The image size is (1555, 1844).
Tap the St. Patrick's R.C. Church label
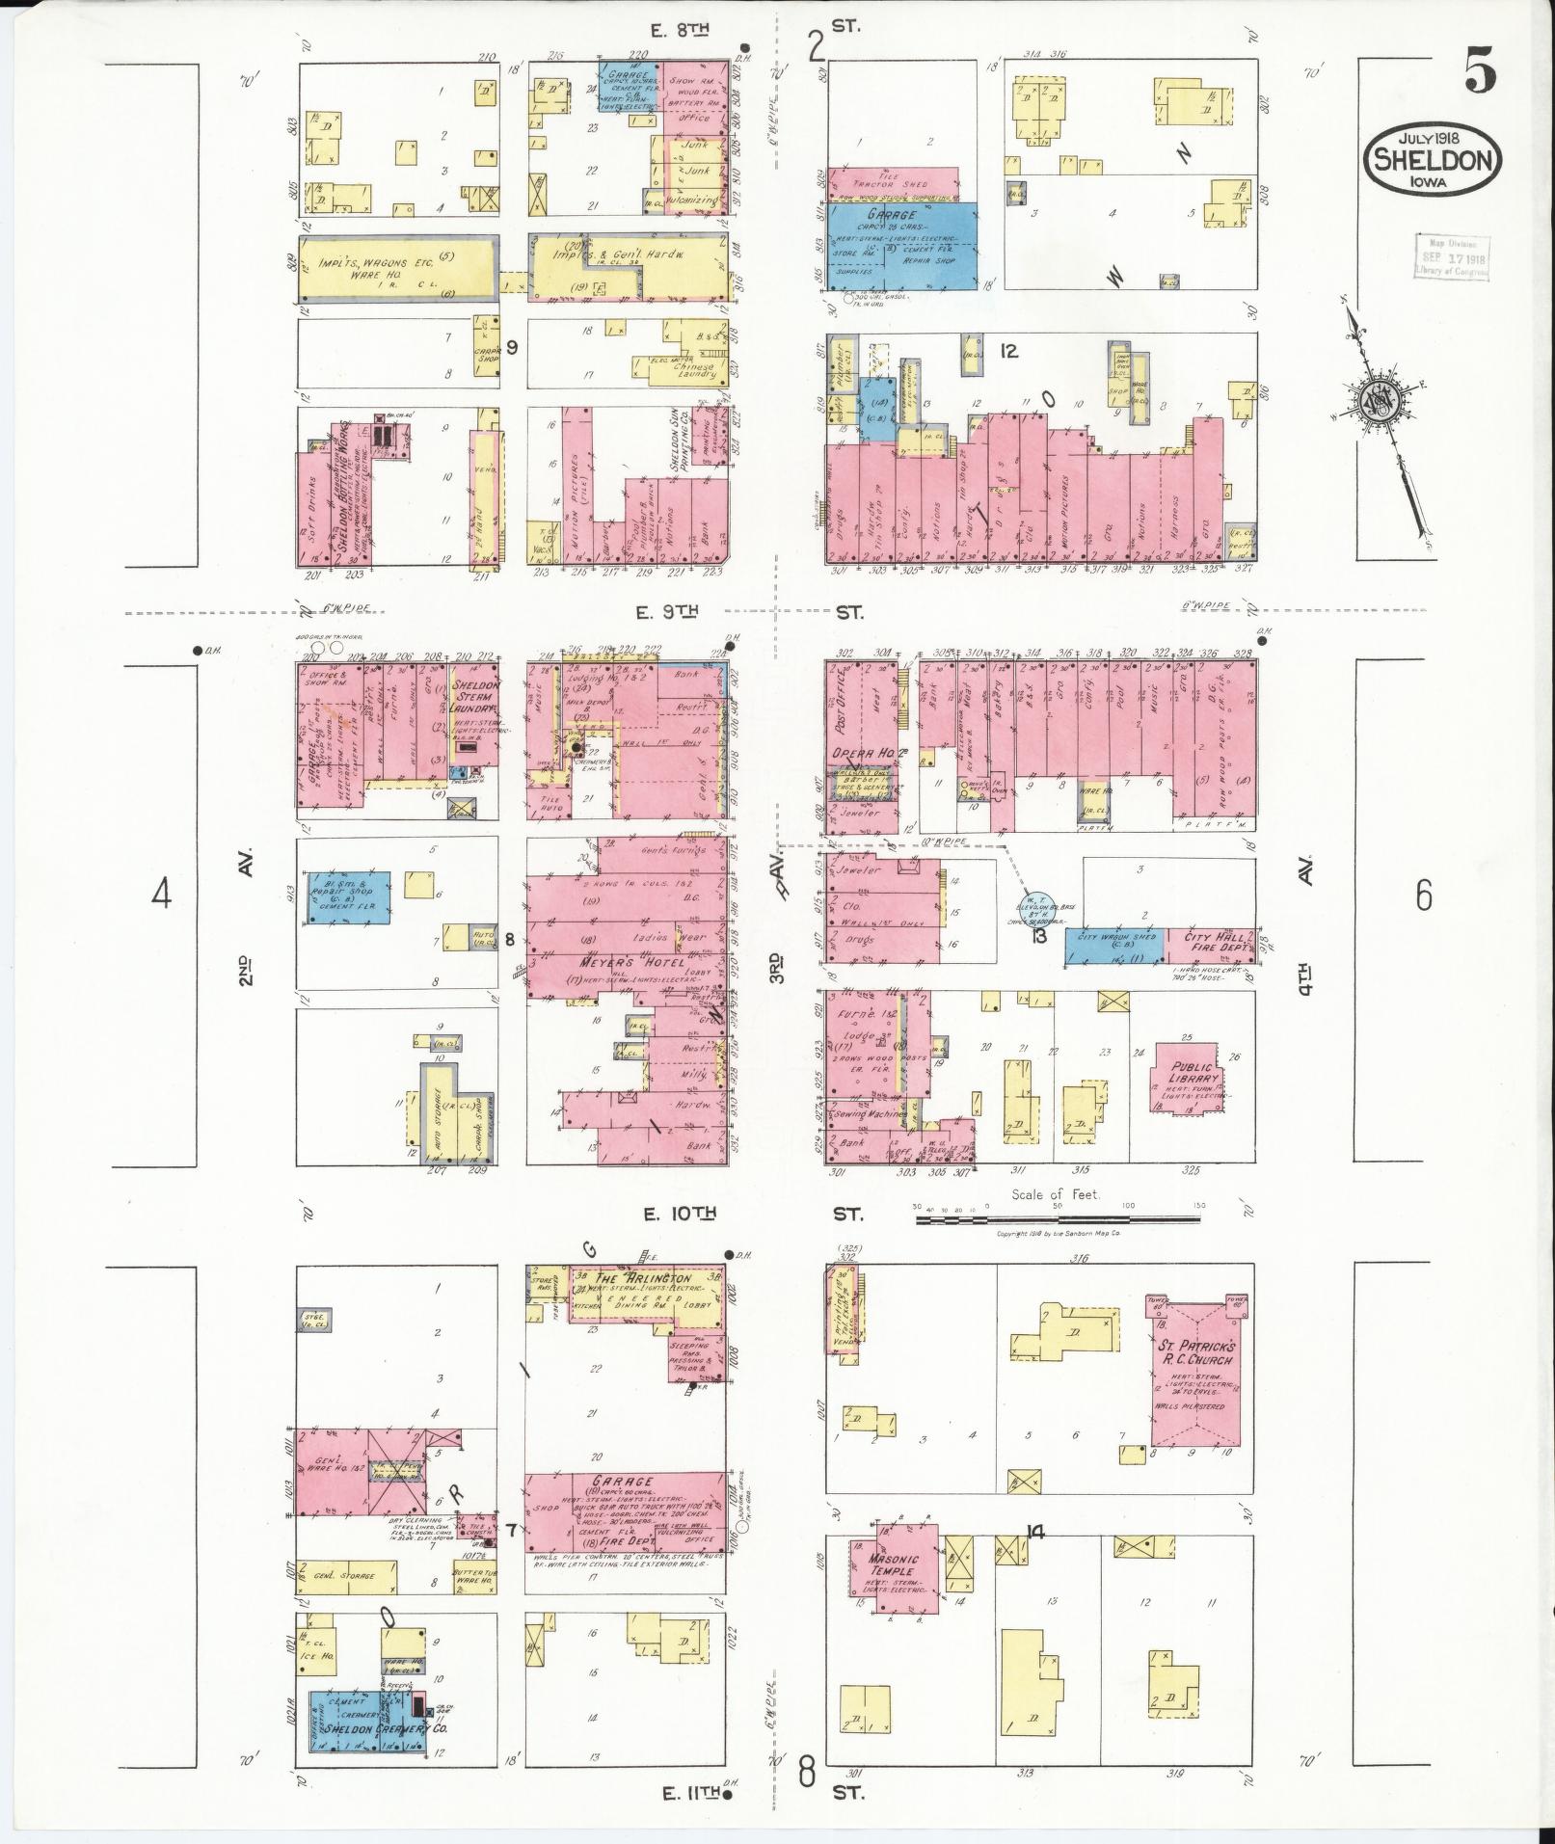pos(1195,1351)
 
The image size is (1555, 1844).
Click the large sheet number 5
pos(1482,72)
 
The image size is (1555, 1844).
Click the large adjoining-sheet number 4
pos(161,895)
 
